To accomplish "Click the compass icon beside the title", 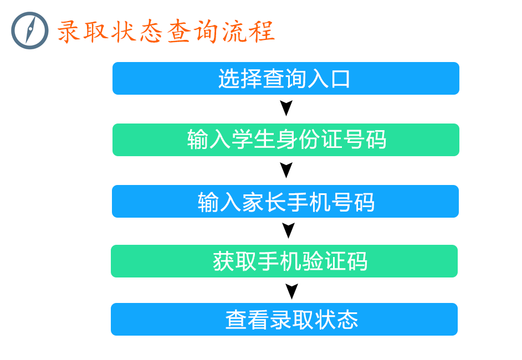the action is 29,30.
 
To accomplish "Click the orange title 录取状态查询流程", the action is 166,32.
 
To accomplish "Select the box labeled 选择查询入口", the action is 285,78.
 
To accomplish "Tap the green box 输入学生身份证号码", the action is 285,140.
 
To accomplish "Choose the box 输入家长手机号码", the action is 285,201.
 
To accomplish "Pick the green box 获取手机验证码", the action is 284,261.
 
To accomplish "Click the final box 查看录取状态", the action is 284,320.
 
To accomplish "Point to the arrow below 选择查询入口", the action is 286,108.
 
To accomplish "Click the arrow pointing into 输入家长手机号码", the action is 286,170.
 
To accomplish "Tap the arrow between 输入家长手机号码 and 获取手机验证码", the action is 288,230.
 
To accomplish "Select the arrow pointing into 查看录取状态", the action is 291,291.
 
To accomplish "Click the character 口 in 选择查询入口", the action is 340,79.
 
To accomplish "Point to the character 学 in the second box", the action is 242,140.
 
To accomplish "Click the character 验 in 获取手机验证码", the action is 313,261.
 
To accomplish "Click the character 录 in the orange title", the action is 68,32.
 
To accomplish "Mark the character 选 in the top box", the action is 229,79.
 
